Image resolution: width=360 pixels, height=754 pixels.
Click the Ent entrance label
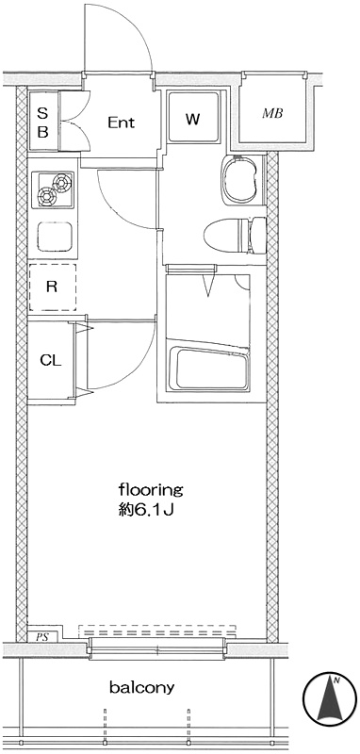tap(121, 123)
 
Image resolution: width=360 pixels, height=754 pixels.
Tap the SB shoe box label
tap(42, 123)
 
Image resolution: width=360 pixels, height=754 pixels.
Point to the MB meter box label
tap(272, 114)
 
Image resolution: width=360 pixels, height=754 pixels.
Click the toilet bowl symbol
tap(235, 235)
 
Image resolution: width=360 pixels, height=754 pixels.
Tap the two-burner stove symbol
tap(53, 189)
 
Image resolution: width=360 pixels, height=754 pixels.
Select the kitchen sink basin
tap(55, 237)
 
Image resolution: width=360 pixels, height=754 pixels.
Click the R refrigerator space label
tap(52, 287)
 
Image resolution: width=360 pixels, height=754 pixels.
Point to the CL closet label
tap(51, 360)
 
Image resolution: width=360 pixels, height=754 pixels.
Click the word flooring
tap(151, 491)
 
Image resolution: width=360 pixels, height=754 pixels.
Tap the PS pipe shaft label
tap(43, 637)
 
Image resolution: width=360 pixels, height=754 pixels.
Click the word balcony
tap(141, 688)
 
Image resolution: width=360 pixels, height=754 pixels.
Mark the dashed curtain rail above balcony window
tap(157, 631)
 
